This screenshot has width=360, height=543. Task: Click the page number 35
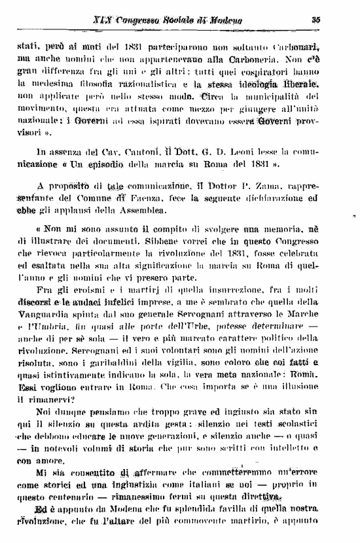(315, 20)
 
